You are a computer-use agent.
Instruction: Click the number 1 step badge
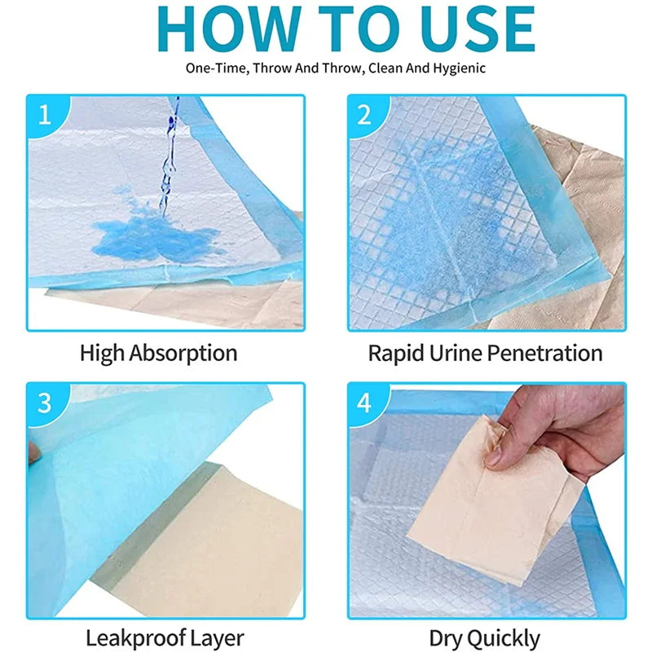(x=46, y=114)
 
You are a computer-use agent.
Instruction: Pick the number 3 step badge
(x=46, y=403)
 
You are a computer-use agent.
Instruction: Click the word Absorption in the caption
(x=183, y=354)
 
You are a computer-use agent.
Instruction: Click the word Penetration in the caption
(x=544, y=353)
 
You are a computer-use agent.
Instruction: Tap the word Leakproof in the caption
(x=135, y=638)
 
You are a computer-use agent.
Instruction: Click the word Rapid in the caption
(x=396, y=354)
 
